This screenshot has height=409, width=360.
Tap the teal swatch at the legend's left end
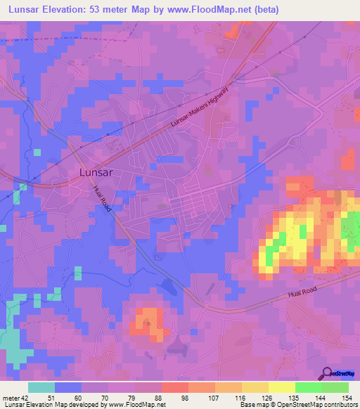[41, 387]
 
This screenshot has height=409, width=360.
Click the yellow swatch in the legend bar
[281, 387]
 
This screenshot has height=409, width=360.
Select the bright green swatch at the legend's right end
[335, 387]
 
